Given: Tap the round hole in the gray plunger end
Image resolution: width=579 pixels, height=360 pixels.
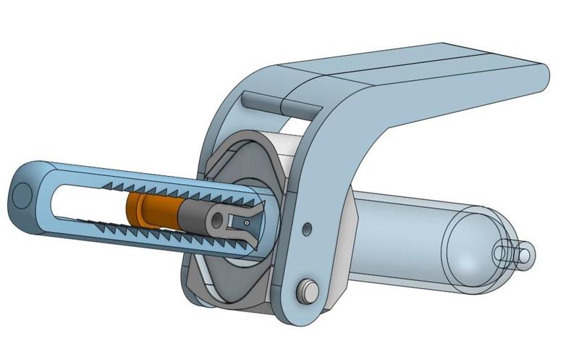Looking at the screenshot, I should coord(216,219).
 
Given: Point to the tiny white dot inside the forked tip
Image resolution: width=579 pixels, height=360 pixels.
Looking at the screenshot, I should coord(247,223).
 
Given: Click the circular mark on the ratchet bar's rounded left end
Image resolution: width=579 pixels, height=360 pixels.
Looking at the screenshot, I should coord(24,193).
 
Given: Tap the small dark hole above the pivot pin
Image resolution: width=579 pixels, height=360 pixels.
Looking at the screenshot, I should coord(307,230).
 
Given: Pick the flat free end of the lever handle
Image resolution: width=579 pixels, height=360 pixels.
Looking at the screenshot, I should coord(538,76).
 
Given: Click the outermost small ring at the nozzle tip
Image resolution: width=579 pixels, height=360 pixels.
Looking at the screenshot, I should coord(527,254).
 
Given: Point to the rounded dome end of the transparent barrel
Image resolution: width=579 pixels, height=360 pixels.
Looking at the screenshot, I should coord(474,250).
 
